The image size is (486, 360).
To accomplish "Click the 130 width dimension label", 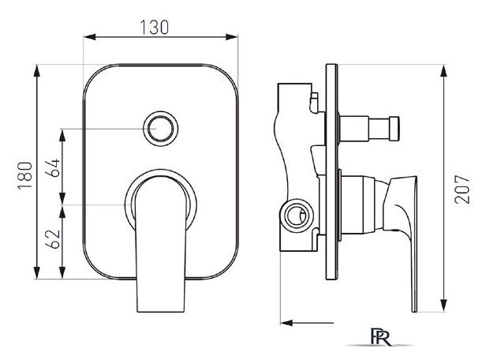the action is pos(155,28).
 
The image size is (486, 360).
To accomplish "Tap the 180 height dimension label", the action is pos(25,175).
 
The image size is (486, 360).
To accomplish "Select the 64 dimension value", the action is pos(53,167).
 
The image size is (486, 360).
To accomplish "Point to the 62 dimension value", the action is pos(53,239).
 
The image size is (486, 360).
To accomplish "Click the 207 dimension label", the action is pos(462,189).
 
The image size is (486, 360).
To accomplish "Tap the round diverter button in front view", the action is pos(161,129).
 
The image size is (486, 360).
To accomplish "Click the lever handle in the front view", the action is pos(161,244).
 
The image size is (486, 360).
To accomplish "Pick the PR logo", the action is pos(380,337).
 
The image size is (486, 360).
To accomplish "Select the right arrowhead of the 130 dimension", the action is pos(232,37).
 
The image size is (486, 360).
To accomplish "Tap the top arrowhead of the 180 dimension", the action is pos(37,71).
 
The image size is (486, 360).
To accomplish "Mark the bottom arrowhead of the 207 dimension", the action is pos(444,305).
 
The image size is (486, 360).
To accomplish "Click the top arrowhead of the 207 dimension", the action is pos(444,71).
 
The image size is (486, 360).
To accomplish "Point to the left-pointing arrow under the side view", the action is pos(307,323).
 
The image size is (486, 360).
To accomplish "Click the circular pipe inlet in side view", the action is pos(297,216).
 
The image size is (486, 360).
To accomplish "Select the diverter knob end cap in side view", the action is pos(394,129).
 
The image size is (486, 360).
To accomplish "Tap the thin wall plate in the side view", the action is pos(331,172).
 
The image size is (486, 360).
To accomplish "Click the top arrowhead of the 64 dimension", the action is pos(62,135).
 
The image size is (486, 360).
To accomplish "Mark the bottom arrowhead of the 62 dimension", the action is pos(62,273).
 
